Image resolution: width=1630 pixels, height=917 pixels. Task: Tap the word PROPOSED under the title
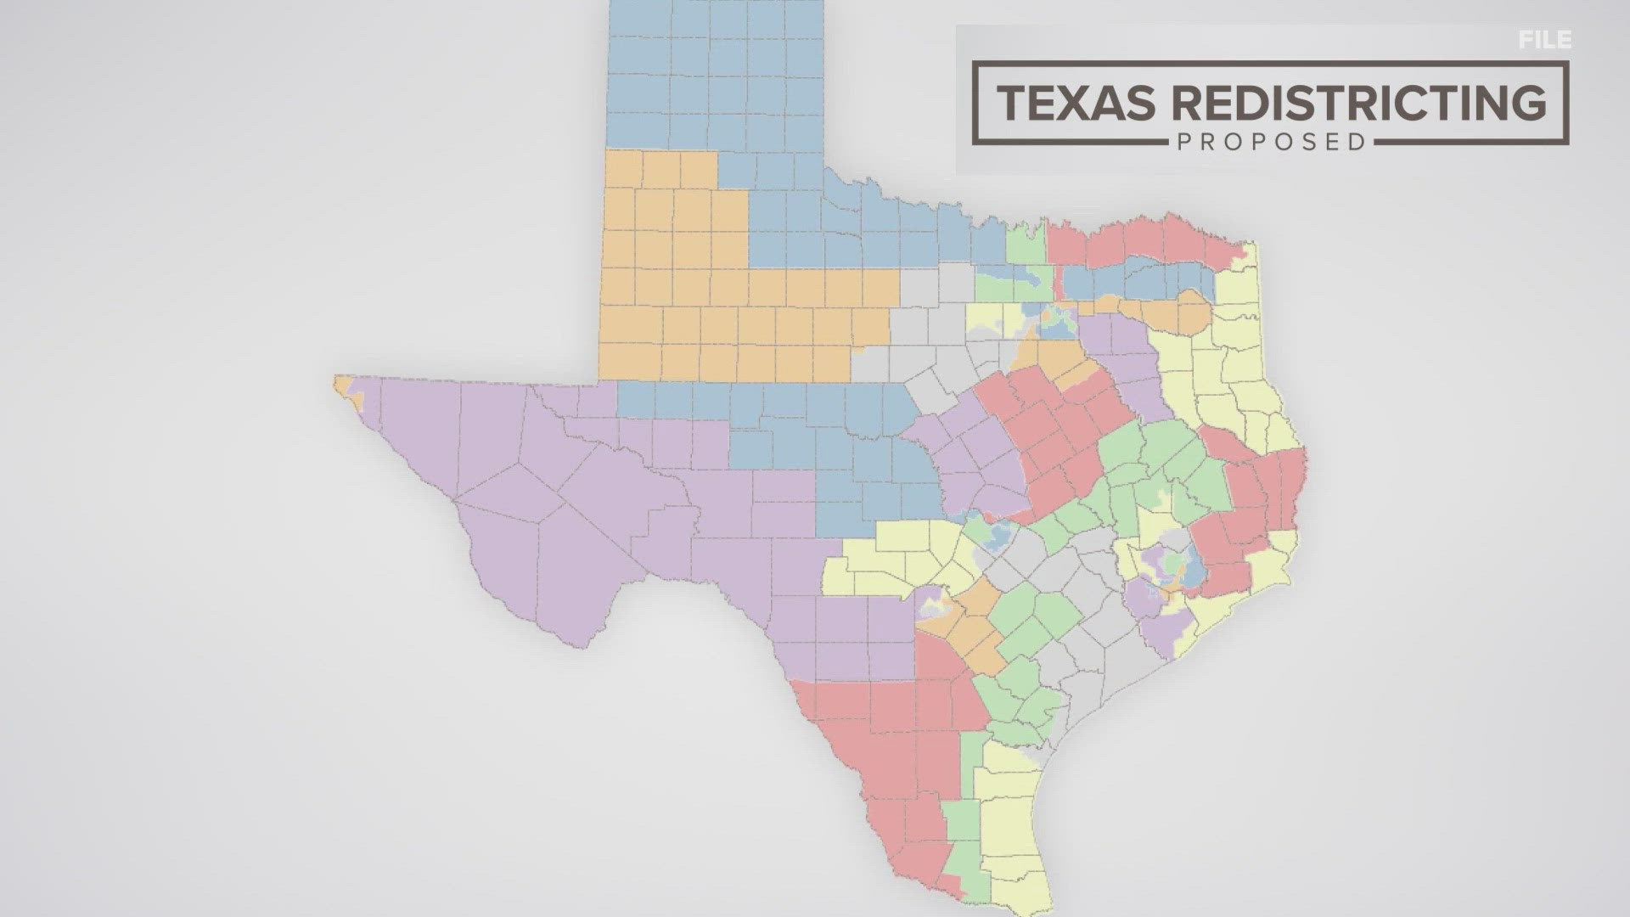click(x=1270, y=142)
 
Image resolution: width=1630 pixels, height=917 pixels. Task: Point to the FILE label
click(x=1545, y=40)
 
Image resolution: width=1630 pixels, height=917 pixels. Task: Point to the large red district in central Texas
click(x=1053, y=433)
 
